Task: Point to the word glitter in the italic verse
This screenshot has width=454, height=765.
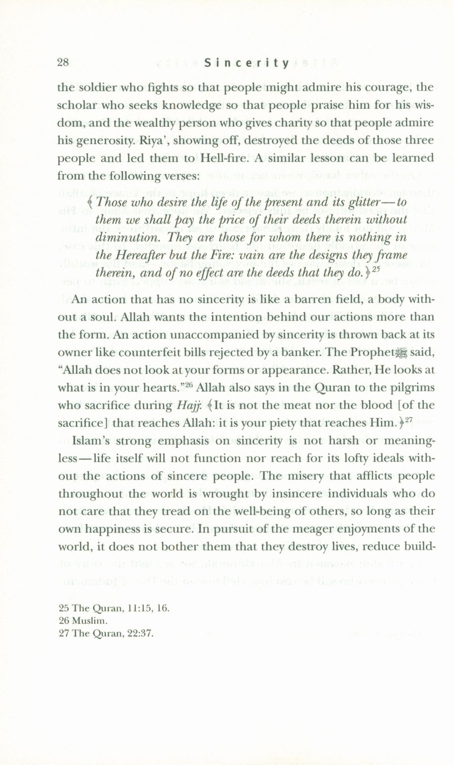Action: tap(365, 202)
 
